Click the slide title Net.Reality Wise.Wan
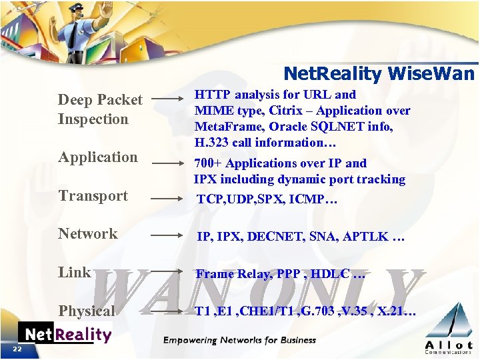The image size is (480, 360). click(379, 73)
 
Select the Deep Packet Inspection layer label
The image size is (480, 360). click(99, 109)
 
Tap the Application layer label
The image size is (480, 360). click(97, 157)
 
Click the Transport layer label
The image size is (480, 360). click(93, 195)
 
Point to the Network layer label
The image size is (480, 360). click(87, 233)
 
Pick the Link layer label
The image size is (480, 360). click(74, 272)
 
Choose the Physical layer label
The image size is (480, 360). click(87, 311)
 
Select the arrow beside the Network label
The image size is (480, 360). click(167, 235)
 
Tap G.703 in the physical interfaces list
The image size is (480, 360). click(317, 311)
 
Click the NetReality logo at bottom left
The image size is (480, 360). click(64, 334)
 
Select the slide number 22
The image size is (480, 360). click(17, 349)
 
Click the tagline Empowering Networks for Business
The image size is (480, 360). click(240, 340)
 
